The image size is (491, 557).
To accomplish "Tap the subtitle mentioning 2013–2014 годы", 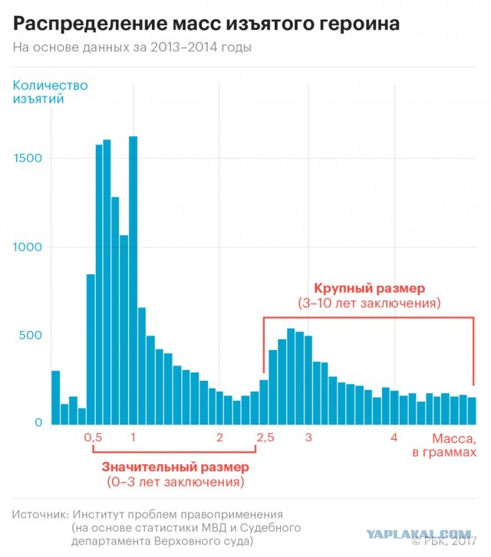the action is [x=132, y=48].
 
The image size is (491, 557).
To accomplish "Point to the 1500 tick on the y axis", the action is [x=28, y=158].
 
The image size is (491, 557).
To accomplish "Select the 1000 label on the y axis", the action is [x=28, y=247].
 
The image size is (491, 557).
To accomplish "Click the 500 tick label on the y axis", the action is [x=31, y=335].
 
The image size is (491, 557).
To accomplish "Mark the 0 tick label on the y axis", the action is [x=38, y=422].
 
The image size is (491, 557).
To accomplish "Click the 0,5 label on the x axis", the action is [x=93, y=437].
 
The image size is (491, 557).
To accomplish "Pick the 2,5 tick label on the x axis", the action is [x=265, y=437].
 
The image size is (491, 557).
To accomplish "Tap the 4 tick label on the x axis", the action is [x=394, y=437].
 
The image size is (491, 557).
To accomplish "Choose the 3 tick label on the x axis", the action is [x=308, y=437].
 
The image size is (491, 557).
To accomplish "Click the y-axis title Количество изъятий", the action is [x=50, y=92].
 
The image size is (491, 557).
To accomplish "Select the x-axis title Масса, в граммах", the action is [x=444, y=445].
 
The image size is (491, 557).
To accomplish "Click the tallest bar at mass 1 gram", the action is [x=133, y=280].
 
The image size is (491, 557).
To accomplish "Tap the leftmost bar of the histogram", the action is [x=56, y=398].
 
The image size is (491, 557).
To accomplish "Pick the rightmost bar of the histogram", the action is [x=472, y=411].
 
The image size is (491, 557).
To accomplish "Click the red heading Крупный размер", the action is [x=369, y=288].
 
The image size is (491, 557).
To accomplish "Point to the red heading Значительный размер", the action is [x=176, y=467].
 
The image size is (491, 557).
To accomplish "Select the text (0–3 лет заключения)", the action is [x=176, y=482].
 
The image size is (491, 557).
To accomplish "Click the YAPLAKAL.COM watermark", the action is [x=419, y=534].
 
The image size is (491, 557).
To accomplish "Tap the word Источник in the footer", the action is [x=40, y=514].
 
